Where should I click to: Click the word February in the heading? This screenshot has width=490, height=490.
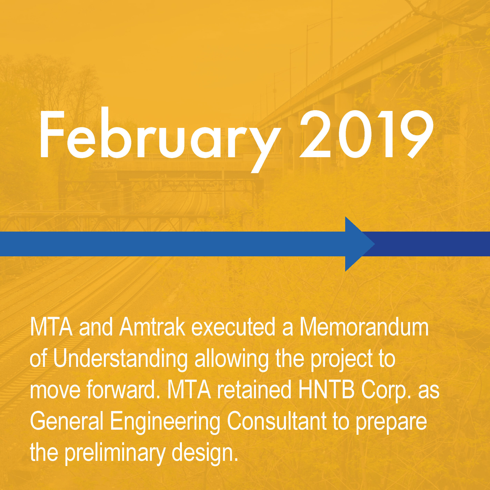pyautogui.click(x=160, y=140)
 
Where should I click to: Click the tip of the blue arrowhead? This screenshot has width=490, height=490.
pyautogui.click(x=375, y=244)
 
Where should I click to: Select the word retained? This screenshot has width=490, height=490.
pyautogui.click(x=254, y=390)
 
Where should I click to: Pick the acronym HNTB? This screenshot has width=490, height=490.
pyautogui.click(x=326, y=390)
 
